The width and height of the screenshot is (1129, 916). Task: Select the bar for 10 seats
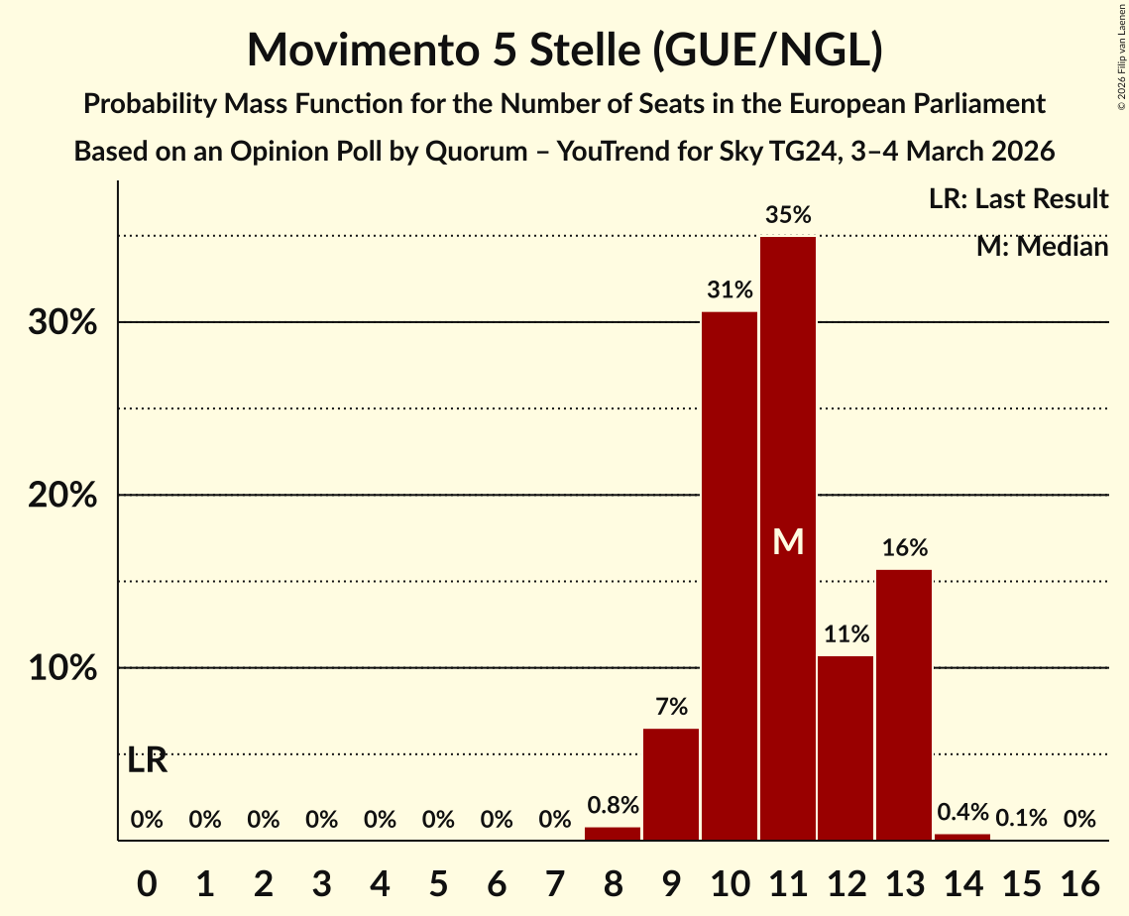point(730,576)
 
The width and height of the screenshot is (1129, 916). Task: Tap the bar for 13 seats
point(905,705)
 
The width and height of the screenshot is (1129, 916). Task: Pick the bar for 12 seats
point(847,747)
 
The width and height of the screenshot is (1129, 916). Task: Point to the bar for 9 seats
point(671,784)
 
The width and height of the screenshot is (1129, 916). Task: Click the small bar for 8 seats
point(613,834)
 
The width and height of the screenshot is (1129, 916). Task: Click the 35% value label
point(788,214)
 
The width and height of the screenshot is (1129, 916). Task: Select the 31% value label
point(730,290)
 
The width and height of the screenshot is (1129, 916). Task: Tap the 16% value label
point(905,547)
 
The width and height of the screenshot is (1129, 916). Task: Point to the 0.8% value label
point(613,806)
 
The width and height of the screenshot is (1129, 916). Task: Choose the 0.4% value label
point(962,812)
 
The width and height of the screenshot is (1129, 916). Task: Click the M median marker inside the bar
point(788,541)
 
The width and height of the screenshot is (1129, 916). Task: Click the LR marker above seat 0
point(147,761)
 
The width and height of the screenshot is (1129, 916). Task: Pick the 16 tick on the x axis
point(1079,879)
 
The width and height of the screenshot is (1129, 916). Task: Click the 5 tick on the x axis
point(438,879)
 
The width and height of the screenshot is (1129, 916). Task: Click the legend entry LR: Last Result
point(1018,199)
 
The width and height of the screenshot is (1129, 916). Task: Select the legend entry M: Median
point(1042,246)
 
